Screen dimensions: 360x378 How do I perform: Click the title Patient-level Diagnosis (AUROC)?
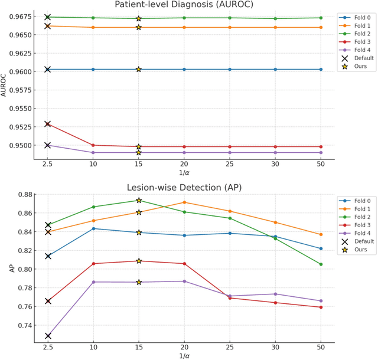[184, 5]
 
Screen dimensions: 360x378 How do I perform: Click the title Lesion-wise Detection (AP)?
[184, 188]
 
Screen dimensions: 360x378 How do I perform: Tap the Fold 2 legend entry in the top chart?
[359, 34]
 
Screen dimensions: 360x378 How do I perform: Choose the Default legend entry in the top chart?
[361, 58]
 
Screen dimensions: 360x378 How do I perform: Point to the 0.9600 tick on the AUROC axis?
[22, 70]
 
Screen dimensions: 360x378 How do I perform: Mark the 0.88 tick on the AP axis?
[26, 194]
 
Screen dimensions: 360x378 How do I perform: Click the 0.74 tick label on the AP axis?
[26, 325]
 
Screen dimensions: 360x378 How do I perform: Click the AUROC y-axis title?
[5, 84]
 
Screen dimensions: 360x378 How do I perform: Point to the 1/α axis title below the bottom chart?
[184, 356]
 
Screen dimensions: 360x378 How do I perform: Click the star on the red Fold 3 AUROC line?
[139, 146]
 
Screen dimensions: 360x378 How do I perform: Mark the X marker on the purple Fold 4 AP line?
[48, 336]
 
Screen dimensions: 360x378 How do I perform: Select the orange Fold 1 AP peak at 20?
[184, 202]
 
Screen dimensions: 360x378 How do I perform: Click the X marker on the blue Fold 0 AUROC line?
[48, 70]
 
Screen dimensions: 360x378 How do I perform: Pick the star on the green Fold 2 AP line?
[139, 201]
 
